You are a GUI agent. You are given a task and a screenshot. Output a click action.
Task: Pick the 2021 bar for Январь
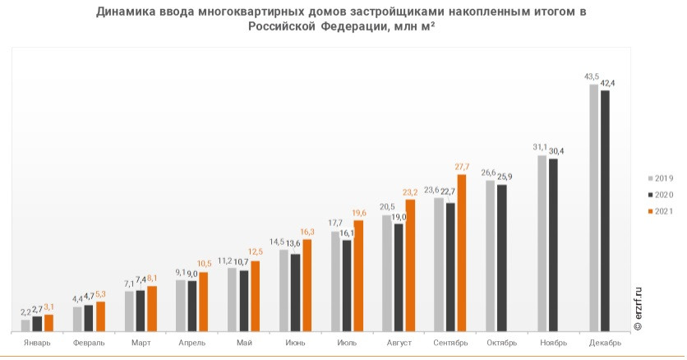[x=48, y=322]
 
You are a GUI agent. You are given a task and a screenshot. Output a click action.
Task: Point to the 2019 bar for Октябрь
[x=491, y=255]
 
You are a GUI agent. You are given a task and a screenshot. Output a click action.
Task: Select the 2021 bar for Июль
[x=358, y=275]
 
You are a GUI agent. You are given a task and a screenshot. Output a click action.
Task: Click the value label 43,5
[x=592, y=76]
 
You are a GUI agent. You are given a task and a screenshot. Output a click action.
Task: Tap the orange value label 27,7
[x=463, y=167]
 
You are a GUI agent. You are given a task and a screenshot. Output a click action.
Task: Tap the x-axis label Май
[x=243, y=342]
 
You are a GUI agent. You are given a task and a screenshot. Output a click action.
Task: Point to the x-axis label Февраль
[x=89, y=342]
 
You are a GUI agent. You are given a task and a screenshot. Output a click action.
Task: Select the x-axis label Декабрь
[x=604, y=342]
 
